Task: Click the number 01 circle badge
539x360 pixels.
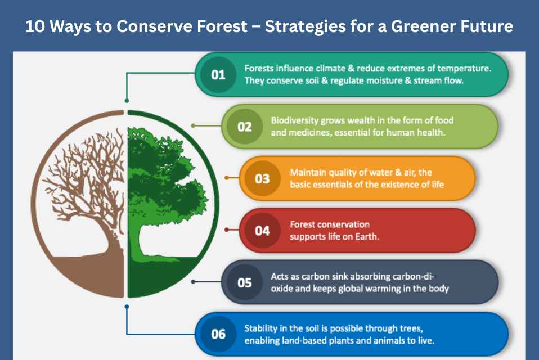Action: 218,75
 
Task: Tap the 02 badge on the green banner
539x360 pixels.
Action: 244,127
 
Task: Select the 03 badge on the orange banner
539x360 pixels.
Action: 262,179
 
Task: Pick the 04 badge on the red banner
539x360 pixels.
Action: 262,231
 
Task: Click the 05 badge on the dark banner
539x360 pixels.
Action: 244,283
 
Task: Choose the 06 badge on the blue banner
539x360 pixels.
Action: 218,334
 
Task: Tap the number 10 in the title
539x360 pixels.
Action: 35,26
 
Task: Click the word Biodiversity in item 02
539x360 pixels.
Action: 294,121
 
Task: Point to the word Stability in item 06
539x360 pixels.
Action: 261,328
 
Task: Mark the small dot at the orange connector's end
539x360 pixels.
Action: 227,178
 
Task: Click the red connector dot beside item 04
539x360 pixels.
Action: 227,229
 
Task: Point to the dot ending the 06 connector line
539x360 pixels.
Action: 127,307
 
